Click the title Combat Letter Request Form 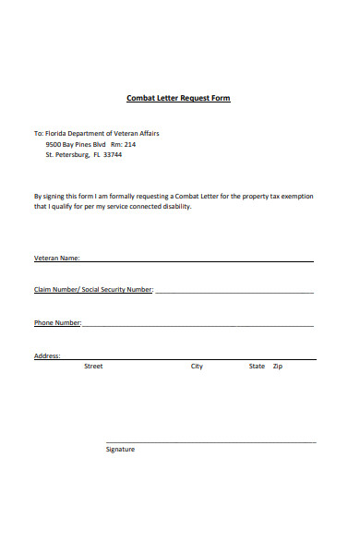178,98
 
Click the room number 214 129,144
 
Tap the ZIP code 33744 113,155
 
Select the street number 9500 54,144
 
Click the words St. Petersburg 66,155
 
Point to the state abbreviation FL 96,155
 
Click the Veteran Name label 56,258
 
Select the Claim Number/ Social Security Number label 93,290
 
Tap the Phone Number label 57,322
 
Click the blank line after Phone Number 198,326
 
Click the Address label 47,355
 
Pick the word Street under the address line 93,367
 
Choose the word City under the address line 197,367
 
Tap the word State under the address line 257,367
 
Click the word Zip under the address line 278,367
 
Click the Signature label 120,450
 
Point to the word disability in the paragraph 175,207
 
